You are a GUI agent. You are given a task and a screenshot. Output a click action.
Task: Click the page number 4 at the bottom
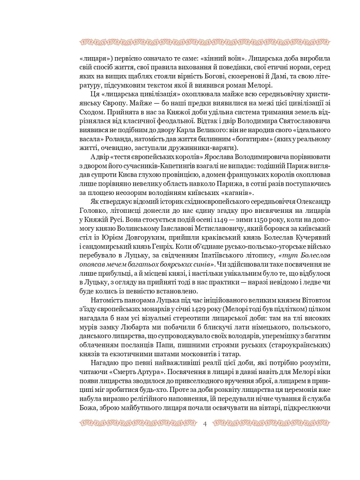[205, 424]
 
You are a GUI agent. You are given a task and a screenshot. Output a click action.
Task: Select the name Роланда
[106, 139]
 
